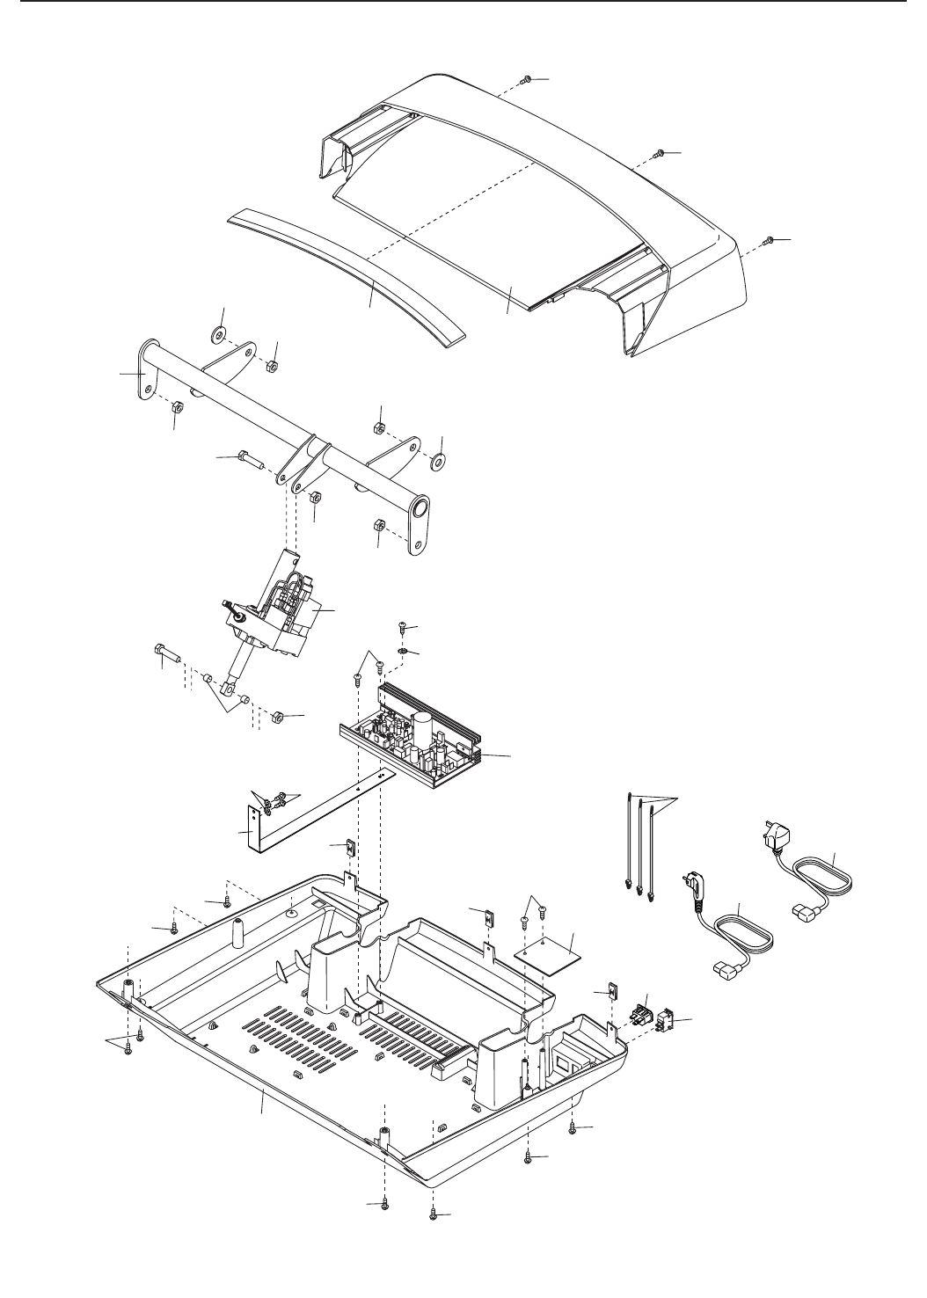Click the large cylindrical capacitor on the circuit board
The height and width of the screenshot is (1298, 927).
pos(422,727)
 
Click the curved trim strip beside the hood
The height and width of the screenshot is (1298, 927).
pos(352,273)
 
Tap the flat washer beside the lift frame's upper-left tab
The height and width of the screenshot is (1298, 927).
pos(217,335)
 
